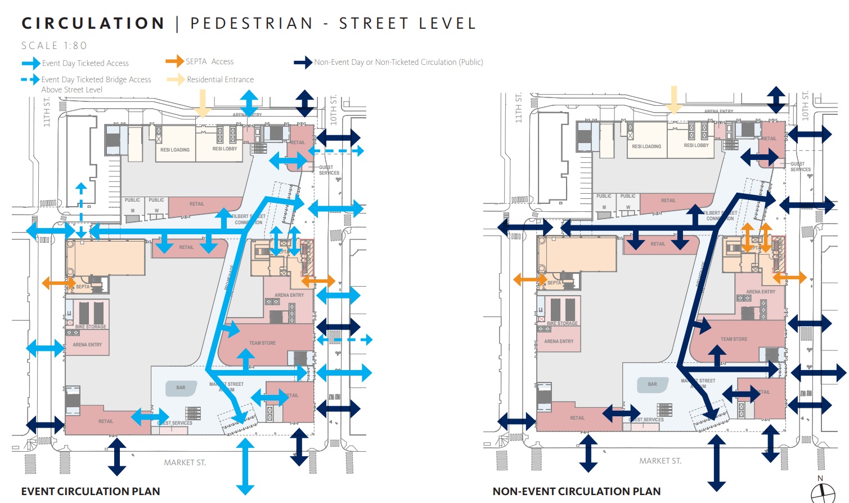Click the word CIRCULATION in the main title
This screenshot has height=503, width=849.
point(93,24)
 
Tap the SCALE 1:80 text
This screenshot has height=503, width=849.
point(54,46)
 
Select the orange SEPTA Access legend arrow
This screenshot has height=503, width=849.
point(174,61)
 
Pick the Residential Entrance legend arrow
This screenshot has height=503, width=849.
point(175,79)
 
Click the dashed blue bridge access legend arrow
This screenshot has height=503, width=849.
point(30,79)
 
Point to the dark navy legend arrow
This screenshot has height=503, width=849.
point(303,62)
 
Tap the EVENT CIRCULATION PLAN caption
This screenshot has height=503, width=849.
point(91,491)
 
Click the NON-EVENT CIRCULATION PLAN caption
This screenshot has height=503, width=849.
point(576,491)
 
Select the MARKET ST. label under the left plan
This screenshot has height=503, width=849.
point(185,462)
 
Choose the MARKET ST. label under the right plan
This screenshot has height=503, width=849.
point(660,461)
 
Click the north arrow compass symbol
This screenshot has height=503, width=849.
point(823,491)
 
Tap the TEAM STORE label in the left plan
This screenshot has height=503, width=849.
point(262,343)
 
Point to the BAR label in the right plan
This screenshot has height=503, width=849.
point(652,384)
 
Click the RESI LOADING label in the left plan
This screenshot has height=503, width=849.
point(175,150)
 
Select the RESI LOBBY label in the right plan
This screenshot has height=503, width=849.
point(696,145)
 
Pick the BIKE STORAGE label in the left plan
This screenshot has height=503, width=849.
point(91,327)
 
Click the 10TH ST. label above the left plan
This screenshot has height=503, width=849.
point(334,109)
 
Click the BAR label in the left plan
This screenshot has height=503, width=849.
point(181,388)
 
